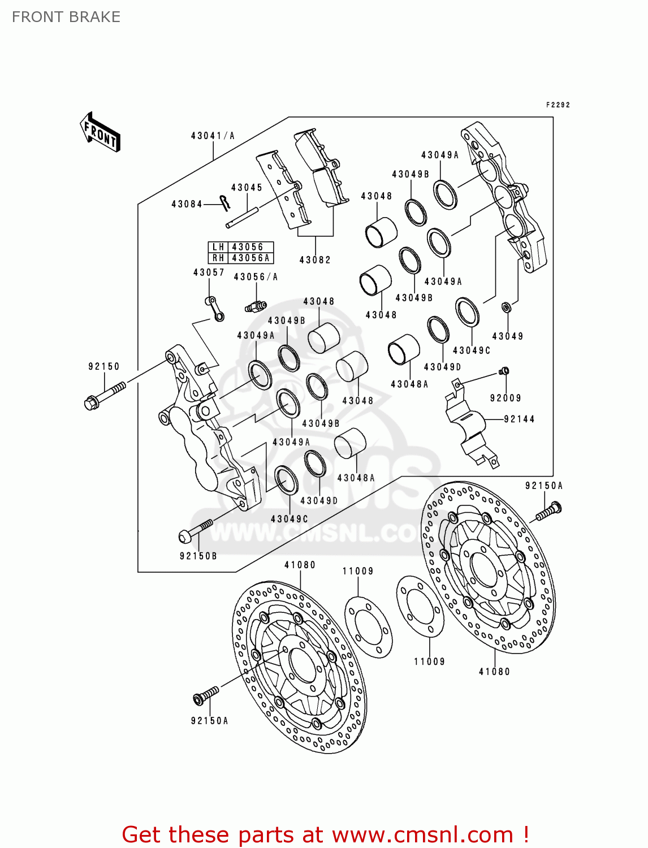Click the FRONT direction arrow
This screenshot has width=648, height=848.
pyautogui.click(x=101, y=132)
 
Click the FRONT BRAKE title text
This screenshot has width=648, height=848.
pyautogui.click(x=66, y=17)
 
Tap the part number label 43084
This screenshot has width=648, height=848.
pyautogui.click(x=187, y=204)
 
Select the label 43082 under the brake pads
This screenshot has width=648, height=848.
pyautogui.click(x=315, y=260)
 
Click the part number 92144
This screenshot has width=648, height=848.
pyautogui.click(x=519, y=419)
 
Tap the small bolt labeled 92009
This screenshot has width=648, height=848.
pyautogui.click(x=505, y=371)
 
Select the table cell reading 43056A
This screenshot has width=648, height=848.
pyautogui.click(x=250, y=258)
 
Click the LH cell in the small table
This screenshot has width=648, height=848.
pyautogui.click(x=218, y=247)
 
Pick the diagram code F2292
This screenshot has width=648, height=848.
pyautogui.click(x=558, y=105)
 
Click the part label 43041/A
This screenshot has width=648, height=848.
pyautogui.click(x=213, y=136)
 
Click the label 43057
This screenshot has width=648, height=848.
pyautogui.click(x=209, y=272)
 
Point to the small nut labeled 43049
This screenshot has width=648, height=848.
pyautogui.click(x=507, y=307)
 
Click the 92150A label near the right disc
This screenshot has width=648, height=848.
pyautogui.click(x=544, y=486)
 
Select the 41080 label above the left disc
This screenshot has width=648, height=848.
pyautogui.click(x=300, y=565)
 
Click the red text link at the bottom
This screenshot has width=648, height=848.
pyautogui.click(x=325, y=834)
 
